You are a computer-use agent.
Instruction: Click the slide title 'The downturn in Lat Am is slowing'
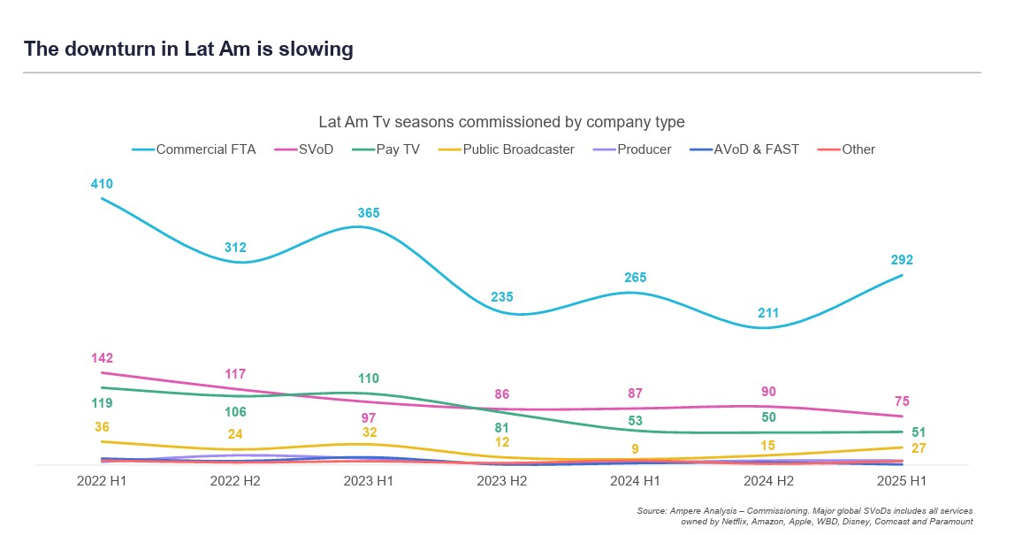(x=188, y=50)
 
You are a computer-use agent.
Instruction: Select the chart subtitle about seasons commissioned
(x=501, y=122)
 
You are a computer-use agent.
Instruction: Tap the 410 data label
(x=102, y=184)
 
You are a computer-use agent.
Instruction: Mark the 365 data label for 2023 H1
(x=369, y=213)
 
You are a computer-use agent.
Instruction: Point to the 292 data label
(x=902, y=260)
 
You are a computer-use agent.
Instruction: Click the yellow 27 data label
(x=919, y=448)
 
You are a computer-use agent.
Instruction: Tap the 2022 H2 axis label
(x=235, y=481)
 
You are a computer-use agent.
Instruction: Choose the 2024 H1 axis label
(x=635, y=481)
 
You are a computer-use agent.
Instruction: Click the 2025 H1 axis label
(x=902, y=481)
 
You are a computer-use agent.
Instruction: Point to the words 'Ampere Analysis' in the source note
(x=700, y=511)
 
